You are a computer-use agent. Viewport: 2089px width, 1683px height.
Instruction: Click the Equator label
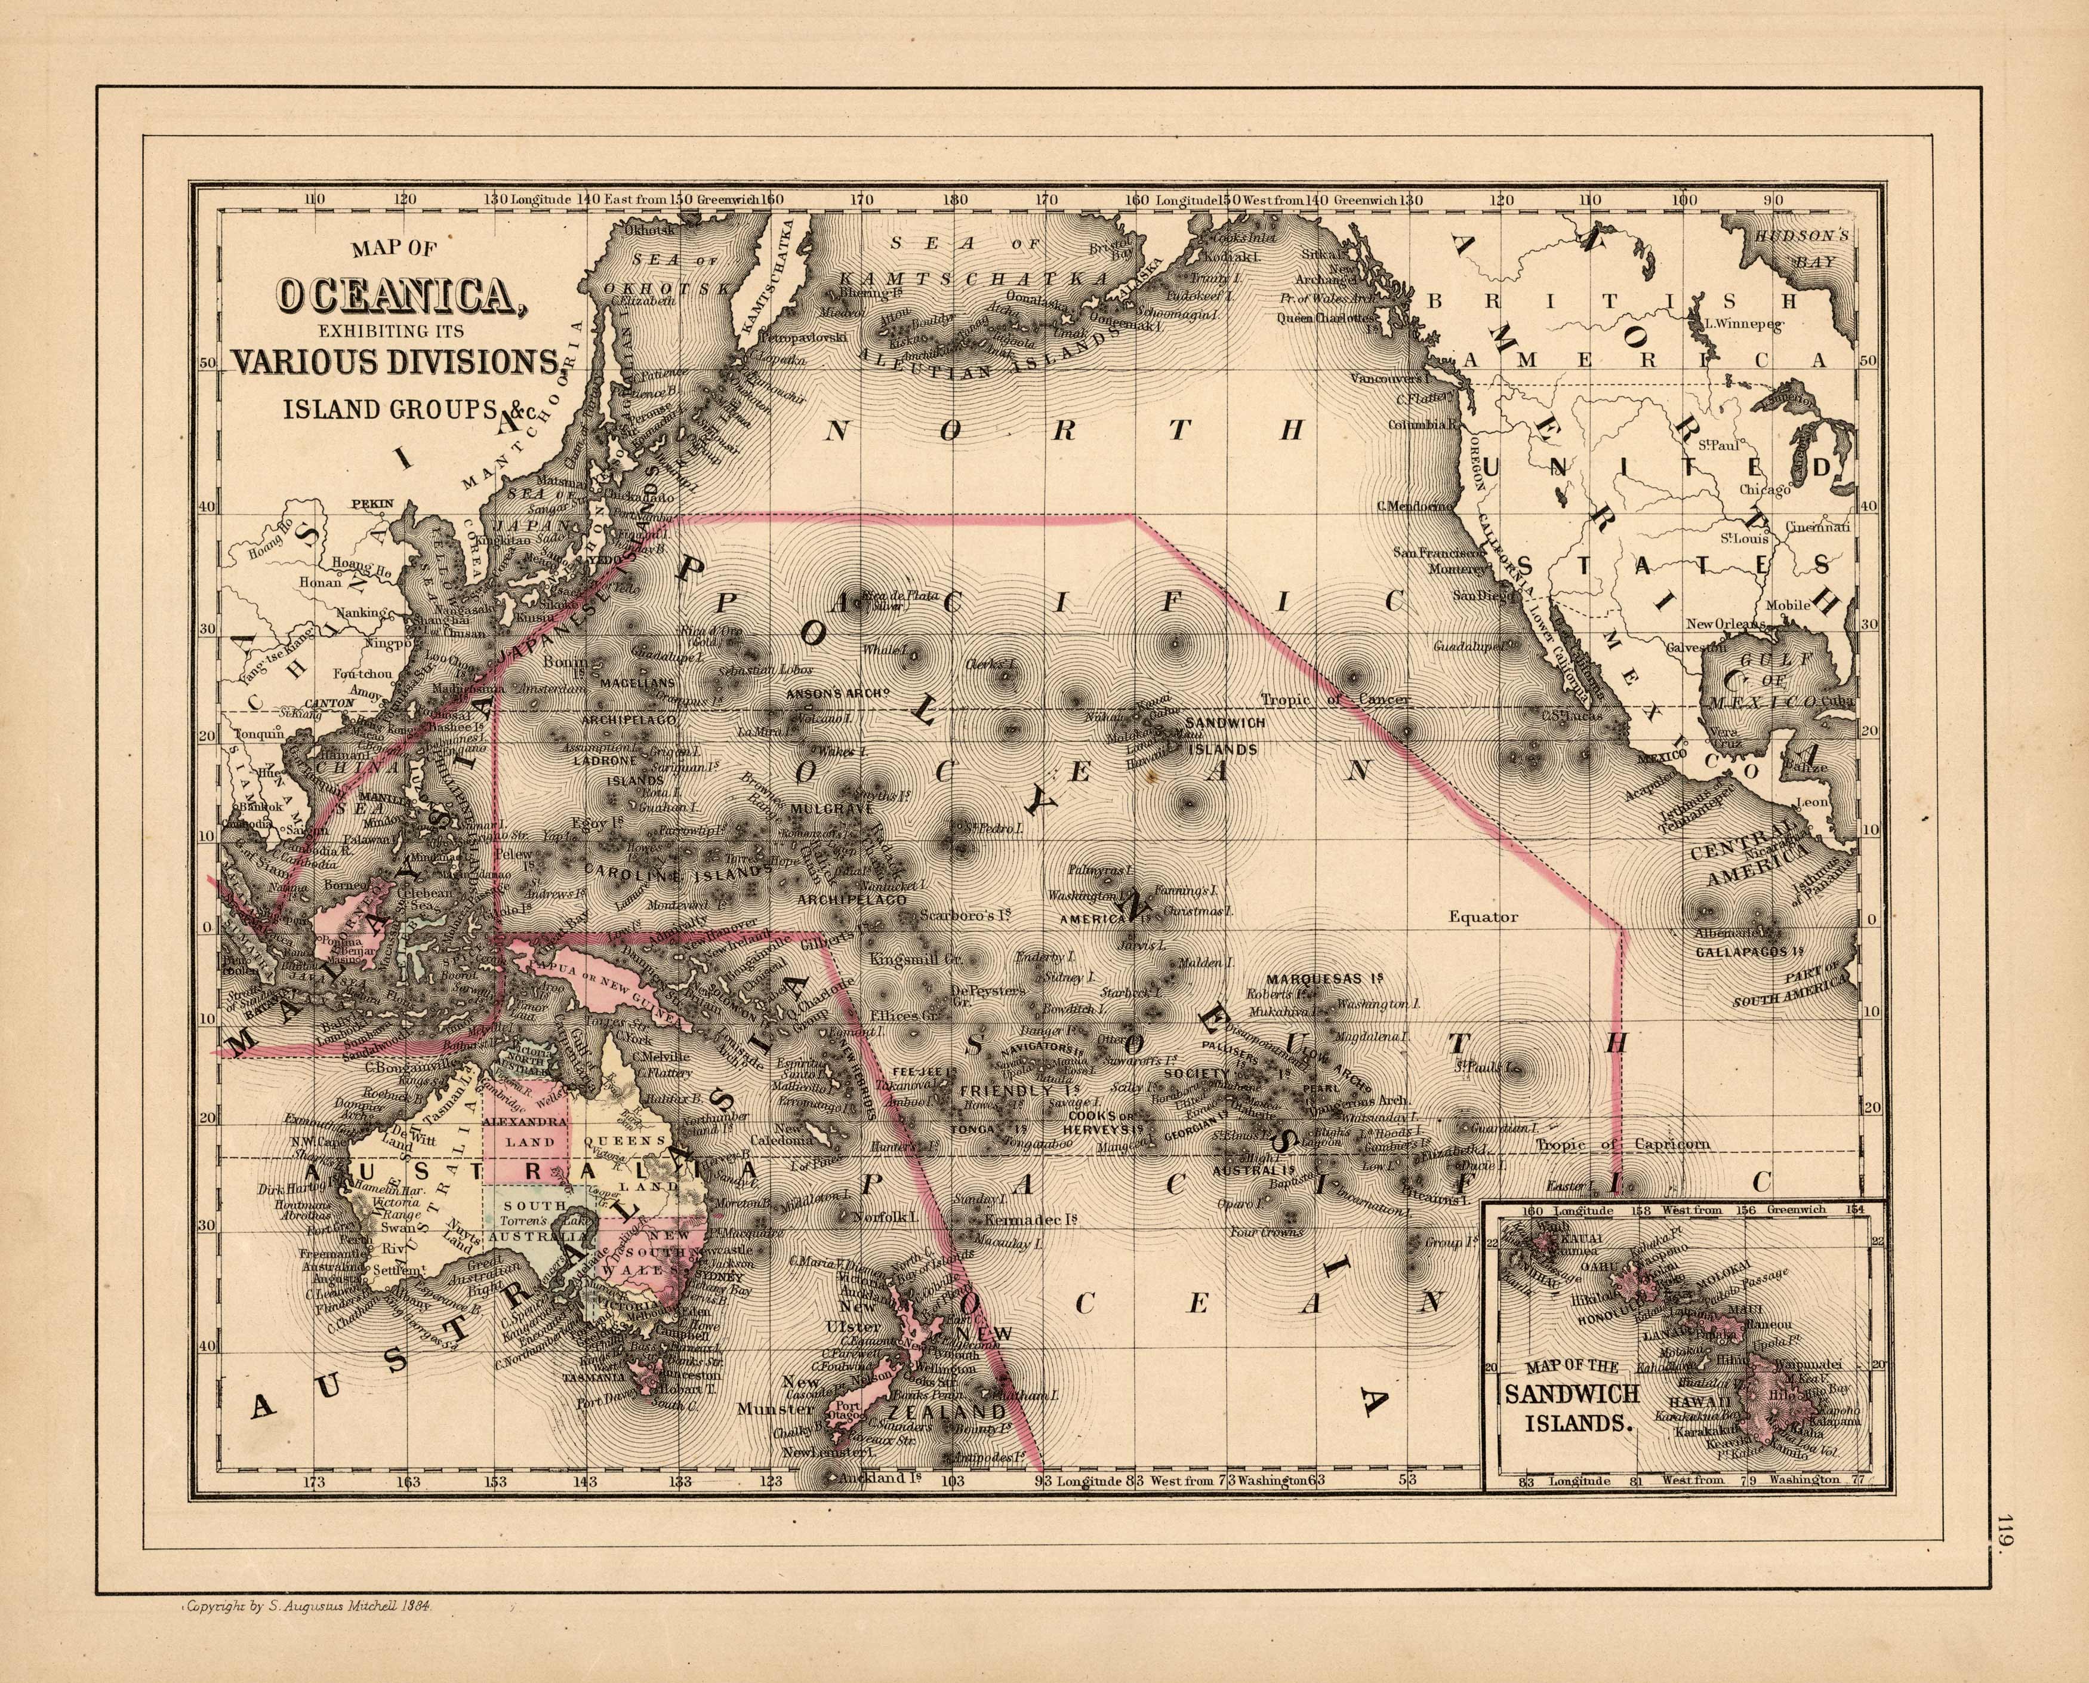(x=1483, y=916)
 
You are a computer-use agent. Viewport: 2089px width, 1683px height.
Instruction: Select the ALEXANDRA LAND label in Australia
(x=525, y=1130)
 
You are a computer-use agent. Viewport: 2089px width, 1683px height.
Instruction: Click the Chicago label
(x=1764, y=490)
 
